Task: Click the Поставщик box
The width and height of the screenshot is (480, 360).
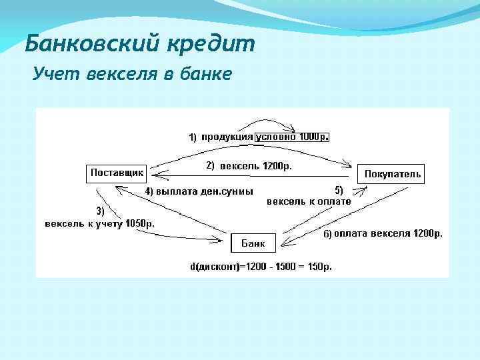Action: coord(117,173)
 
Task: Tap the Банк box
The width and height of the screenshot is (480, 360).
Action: coord(253,243)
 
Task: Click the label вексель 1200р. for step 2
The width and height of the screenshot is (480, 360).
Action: coord(256,165)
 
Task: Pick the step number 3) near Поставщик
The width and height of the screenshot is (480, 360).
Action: coord(101,210)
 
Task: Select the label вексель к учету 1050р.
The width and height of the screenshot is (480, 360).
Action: coord(99,223)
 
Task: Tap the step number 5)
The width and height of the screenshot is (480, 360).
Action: coord(339,190)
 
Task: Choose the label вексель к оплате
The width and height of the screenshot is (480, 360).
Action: coord(309,201)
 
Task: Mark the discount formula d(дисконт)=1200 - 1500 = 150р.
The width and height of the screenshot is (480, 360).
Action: coord(261,267)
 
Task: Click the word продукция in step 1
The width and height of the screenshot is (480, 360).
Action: coord(227,137)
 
